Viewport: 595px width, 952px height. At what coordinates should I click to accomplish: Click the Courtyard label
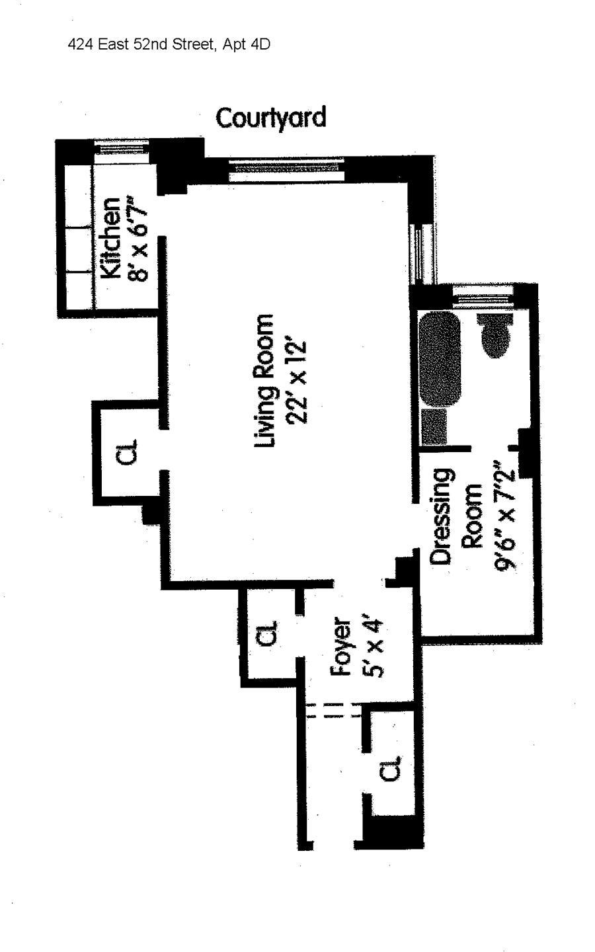[271, 118]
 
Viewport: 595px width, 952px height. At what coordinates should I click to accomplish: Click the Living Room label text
[265, 381]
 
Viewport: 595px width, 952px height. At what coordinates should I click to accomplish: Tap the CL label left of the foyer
[265, 635]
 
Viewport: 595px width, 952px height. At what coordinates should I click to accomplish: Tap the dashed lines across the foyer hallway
[334, 711]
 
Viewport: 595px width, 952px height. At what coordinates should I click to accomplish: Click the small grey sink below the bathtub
[434, 426]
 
